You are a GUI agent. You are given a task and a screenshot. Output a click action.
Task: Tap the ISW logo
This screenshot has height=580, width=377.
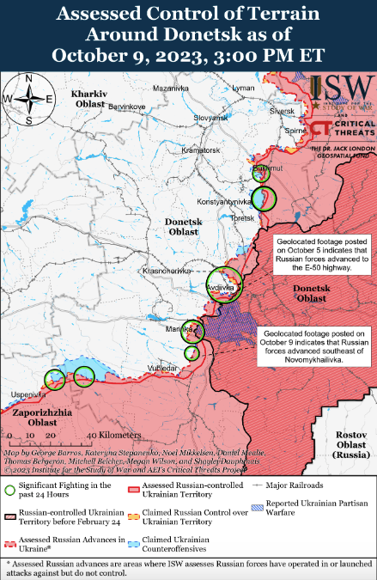(342, 89)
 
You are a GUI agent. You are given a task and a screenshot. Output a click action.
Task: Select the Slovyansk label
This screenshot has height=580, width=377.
(210, 118)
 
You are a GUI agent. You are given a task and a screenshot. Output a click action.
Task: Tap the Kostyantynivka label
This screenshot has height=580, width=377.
(224, 202)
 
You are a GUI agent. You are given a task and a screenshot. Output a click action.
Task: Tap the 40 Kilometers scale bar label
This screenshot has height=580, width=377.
(101, 435)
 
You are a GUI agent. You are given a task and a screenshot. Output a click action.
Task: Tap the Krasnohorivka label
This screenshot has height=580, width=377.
(166, 271)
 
